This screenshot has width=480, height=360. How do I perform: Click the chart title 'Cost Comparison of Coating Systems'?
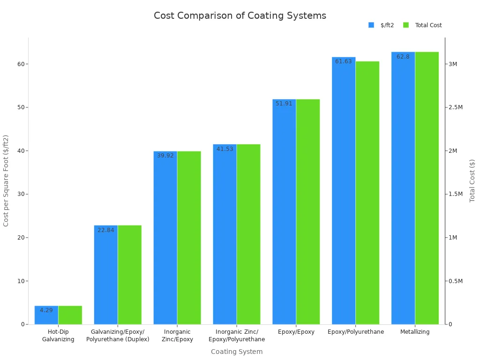pos(240,15)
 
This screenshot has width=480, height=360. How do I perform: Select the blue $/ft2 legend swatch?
pos(371,25)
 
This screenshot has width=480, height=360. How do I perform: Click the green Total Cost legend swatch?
pos(406,25)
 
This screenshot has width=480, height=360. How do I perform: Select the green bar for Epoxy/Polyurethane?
pos(367,192)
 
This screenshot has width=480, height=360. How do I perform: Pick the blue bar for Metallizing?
pos(403,187)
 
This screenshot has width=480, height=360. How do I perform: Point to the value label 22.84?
pos(106,230)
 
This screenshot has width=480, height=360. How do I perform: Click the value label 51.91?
pos(284,104)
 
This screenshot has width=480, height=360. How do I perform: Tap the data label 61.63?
pos(343,61)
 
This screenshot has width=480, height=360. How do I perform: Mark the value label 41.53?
pos(225,149)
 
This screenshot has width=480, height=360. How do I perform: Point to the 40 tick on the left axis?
pos(21,151)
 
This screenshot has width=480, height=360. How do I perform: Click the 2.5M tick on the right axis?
pos(456,107)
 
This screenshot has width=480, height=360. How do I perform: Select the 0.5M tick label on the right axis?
pos(456,281)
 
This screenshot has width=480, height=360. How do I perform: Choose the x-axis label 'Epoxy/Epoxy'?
pos(296,332)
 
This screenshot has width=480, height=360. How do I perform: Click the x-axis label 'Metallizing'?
pos(415,332)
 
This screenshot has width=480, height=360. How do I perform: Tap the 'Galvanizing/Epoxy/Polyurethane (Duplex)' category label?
pos(118,336)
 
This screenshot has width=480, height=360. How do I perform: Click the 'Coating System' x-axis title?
pos(237,352)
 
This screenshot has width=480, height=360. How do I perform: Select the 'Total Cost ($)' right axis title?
pos(472,180)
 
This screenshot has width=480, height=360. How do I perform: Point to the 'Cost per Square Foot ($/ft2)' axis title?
pos(6,180)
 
